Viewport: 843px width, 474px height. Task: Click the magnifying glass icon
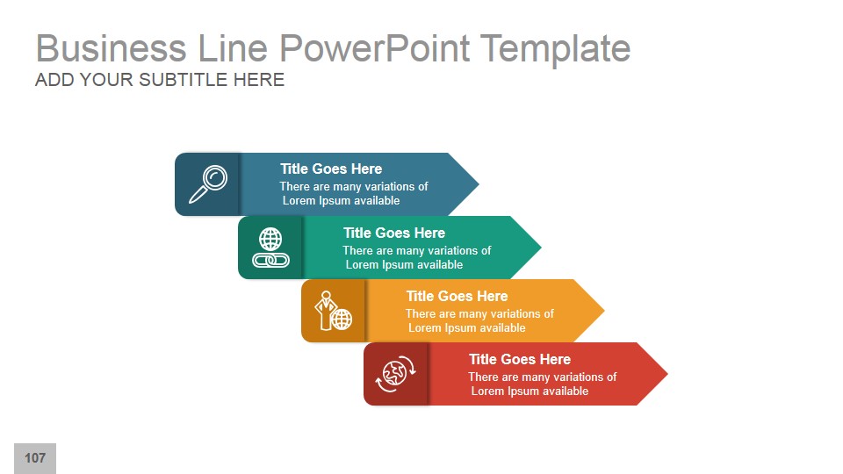[208, 184]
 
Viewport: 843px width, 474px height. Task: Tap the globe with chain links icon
[270, 248]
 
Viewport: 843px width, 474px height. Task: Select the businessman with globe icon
[334, 311]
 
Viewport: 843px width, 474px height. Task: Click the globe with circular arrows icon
[396, 374]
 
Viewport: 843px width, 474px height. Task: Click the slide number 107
[35, 458]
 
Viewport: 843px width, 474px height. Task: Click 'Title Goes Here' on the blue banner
[331, 169]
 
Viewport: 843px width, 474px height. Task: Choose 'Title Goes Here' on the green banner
[394, 233]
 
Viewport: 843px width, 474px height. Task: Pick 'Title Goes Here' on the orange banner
[457, 296]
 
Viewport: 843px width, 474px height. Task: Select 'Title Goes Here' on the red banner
[520, 359]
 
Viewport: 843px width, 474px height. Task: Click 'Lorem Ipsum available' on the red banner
[530, 391]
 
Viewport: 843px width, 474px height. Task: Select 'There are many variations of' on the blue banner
[354, 186]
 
